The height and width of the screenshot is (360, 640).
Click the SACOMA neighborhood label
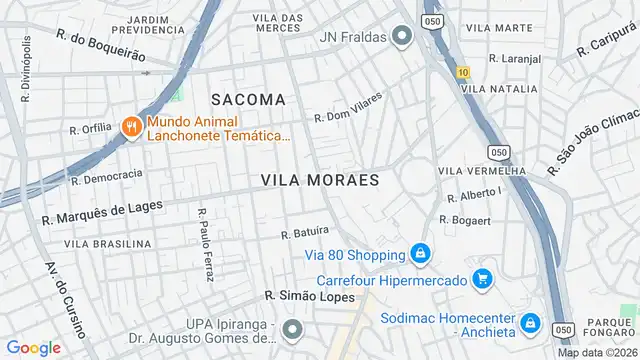point(248,99)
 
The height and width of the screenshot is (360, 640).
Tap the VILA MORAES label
point(320,180)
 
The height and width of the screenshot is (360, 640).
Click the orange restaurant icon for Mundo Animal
point(130,126)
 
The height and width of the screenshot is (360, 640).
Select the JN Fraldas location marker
point(403,38)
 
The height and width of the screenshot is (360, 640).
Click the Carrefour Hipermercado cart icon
point(483,278)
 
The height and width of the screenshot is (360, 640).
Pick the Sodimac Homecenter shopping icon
point(530,323)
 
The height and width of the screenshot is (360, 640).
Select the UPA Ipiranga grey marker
point(292,327)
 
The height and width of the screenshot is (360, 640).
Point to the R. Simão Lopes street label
point(303,296)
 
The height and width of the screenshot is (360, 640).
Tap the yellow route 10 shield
point(462,72)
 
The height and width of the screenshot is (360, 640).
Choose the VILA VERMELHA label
point(482,171)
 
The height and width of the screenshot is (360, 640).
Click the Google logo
point(34,347)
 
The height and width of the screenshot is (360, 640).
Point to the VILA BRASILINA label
point(108,243)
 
